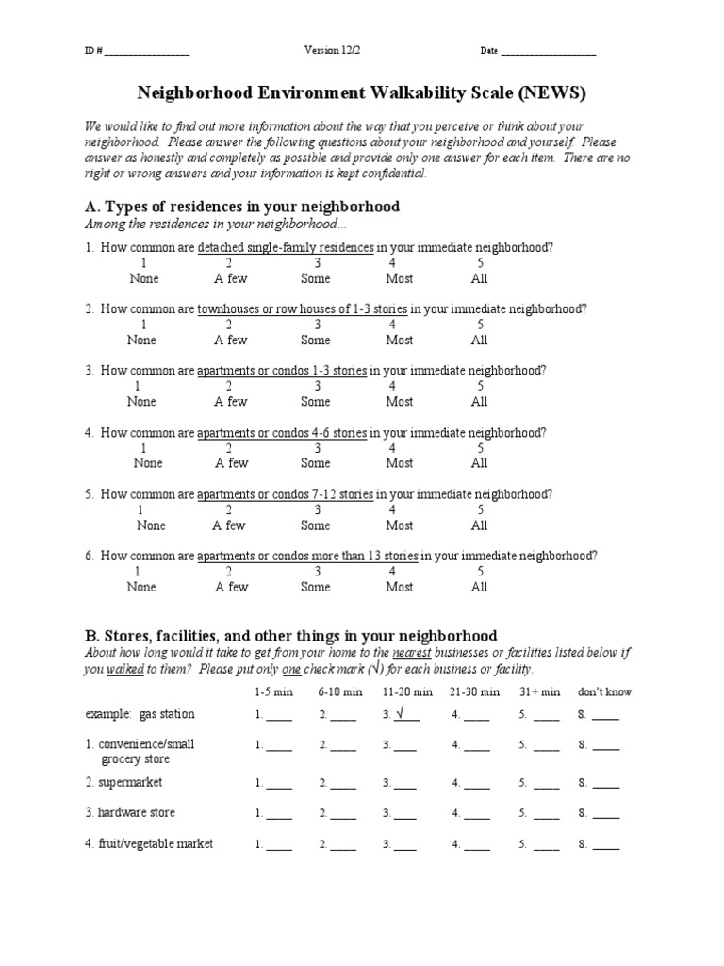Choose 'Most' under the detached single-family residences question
coord(399,278)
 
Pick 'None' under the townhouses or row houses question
coord(141,340)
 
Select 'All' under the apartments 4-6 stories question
coord(479,463)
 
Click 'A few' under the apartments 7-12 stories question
coord(229,525)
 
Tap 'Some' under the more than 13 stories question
coord(315,587)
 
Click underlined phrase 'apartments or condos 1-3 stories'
coord(282,371)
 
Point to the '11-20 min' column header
coord(407,691)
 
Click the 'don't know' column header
coord(605,691)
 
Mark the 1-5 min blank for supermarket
coord(278,783)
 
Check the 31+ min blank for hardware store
coord(546,813)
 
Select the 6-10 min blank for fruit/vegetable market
coord(343,844)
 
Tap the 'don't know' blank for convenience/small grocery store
coord(605,745)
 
